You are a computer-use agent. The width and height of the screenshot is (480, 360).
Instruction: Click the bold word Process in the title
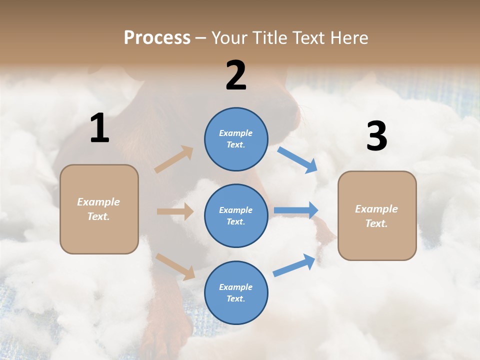[157, 38]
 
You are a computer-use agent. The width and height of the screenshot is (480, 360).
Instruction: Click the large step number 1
[99, 128]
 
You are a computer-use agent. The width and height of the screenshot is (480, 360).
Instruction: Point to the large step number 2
[236, 75]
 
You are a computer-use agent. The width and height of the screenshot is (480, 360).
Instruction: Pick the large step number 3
[376, 136]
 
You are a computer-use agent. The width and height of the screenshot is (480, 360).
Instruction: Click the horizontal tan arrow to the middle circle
[175, 211]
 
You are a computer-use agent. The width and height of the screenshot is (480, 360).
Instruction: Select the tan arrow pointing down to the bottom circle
[175, 266]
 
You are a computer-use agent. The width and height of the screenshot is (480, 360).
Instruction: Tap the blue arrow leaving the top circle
[297, 160]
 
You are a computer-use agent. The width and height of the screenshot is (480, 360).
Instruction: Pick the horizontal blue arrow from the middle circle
[295, 210]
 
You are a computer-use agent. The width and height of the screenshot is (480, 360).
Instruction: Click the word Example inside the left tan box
[98, 202]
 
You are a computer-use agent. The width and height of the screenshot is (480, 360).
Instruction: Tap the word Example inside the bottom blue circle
[235, 287]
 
